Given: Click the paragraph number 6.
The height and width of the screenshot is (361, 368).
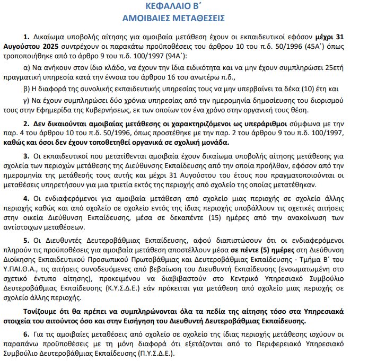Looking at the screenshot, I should [x=26, y=334].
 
